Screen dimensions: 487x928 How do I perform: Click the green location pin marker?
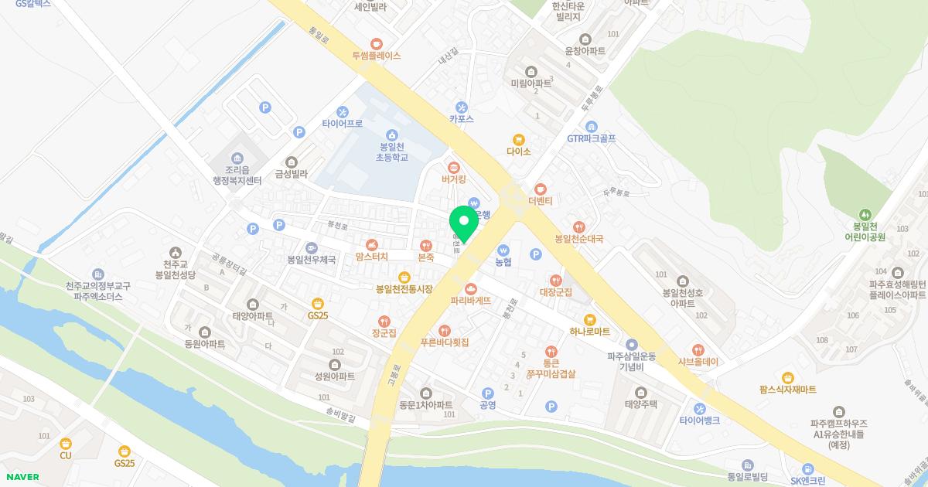point(464,222)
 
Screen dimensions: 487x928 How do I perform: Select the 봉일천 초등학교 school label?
point(391,152)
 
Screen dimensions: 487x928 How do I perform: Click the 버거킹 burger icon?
point(454,166)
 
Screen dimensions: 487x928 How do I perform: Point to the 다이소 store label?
point(519,152)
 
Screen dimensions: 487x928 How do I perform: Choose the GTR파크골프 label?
point(592,139)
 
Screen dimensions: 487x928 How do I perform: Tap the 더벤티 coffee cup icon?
point(541,189)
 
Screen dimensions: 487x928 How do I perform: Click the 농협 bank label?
point(503,262)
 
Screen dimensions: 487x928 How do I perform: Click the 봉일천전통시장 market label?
point(404,289)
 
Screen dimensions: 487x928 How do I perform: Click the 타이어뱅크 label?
point(700,421)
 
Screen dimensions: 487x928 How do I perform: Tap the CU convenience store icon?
point(66,443)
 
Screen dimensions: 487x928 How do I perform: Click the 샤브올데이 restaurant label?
point(698,361)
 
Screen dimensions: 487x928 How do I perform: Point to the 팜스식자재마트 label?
point(788,390)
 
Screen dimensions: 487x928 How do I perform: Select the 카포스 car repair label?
point(462,119)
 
